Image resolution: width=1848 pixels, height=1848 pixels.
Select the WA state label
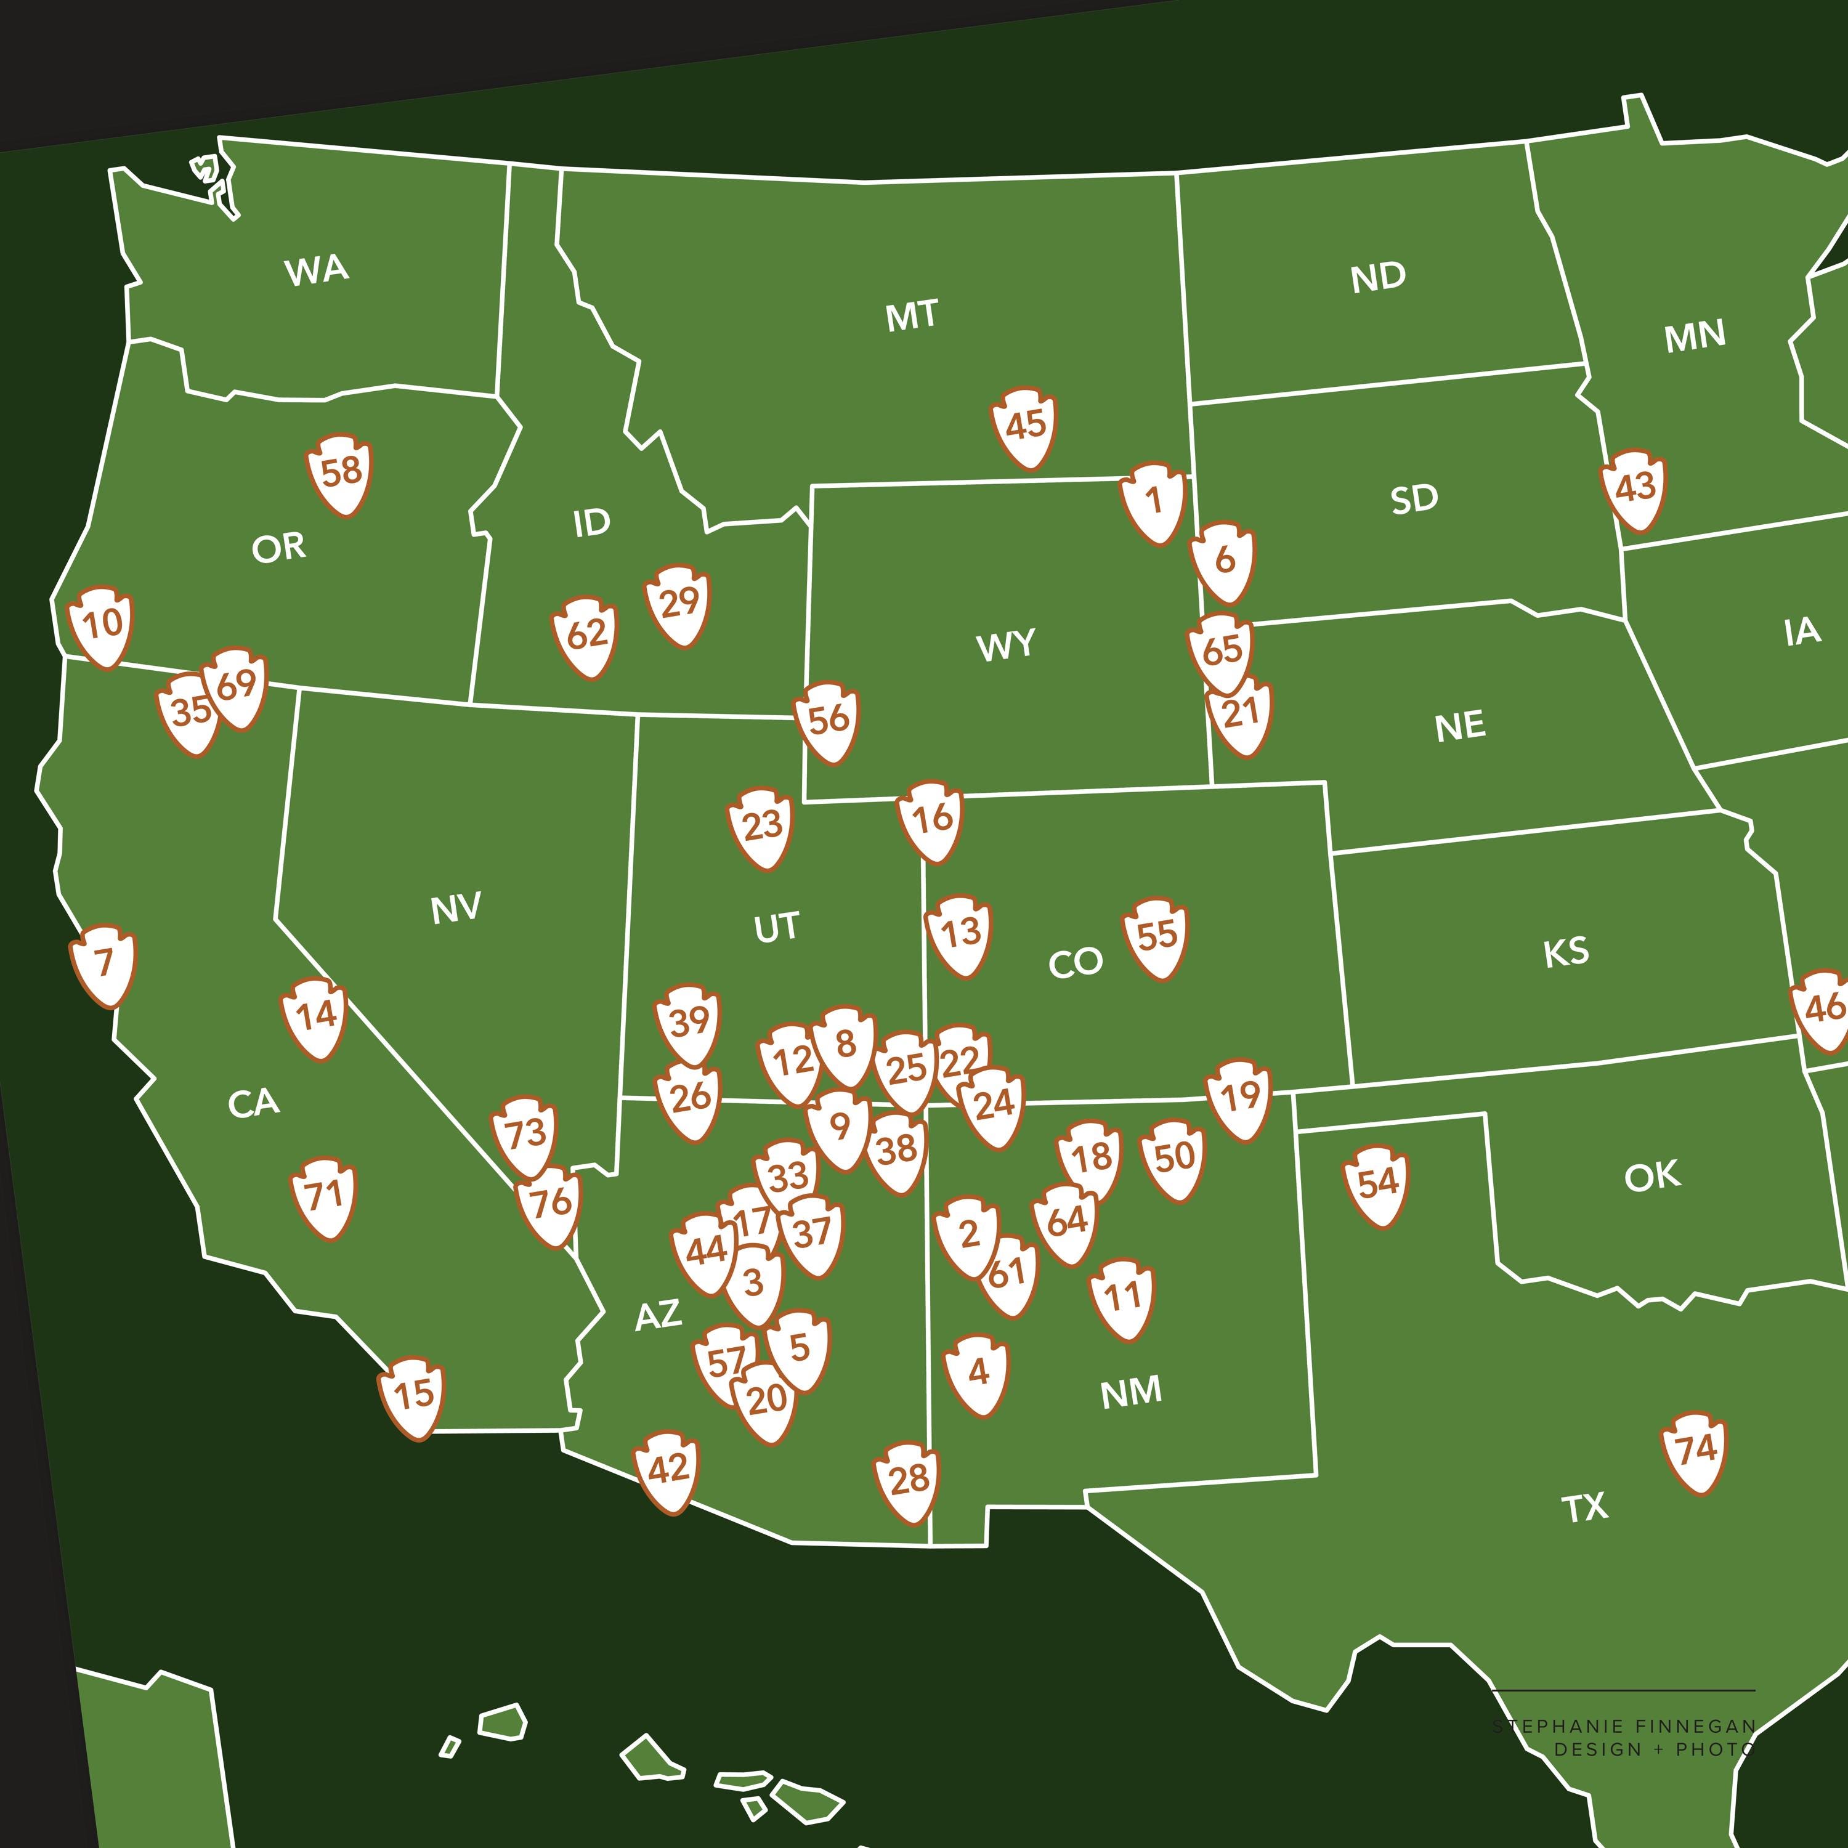(317, 270)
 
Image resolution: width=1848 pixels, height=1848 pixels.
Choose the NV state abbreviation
(455, 909)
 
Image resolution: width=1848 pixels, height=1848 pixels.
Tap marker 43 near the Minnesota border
(1634, 488)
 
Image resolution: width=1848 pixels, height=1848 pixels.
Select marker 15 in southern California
(413, 1396)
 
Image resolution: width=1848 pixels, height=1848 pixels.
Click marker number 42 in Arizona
(668, 1470)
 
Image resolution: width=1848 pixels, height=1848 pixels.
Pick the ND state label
(1379, 277)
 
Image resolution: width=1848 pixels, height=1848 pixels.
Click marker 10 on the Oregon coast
(102, 626)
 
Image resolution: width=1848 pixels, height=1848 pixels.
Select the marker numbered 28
(908, 1481)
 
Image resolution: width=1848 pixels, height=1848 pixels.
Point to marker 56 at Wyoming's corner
(827, 720)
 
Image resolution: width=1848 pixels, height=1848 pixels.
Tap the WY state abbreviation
(1005, 646)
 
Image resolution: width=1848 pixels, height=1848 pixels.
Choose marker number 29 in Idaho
(678, 604)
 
